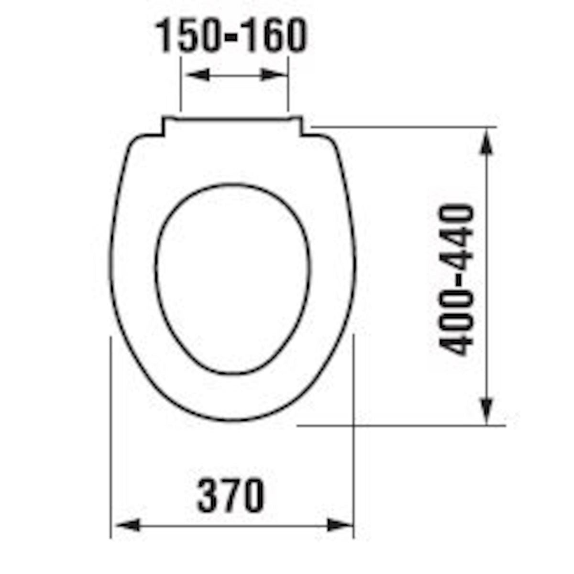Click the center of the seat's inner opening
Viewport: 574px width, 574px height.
point(233,277)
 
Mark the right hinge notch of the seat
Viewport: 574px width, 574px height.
point(302,127)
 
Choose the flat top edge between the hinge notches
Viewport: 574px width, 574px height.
point(233,117)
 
